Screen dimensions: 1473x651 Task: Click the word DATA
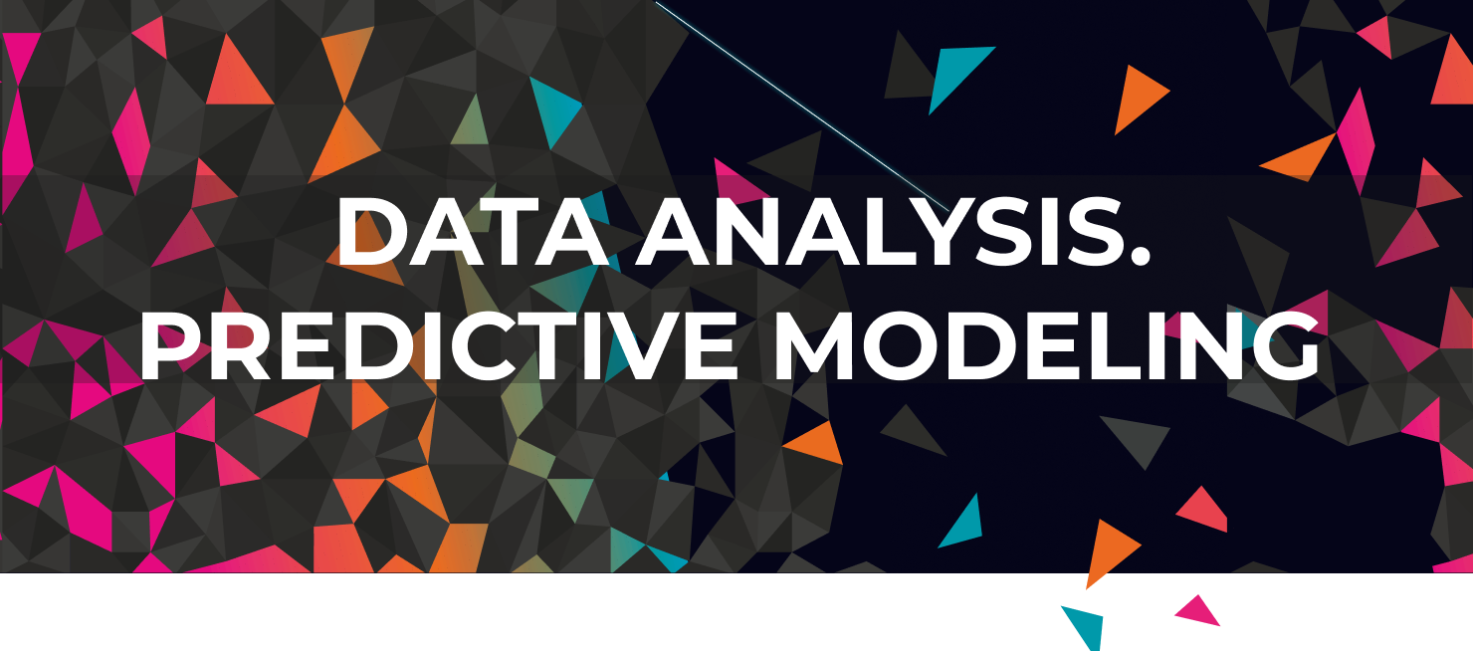473,231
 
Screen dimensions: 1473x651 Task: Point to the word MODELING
1047,345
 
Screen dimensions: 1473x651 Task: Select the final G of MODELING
1284,345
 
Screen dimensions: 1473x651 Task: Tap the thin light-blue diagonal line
802,106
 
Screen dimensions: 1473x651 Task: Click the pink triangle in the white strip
1198,610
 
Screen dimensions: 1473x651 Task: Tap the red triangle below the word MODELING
1204,511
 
